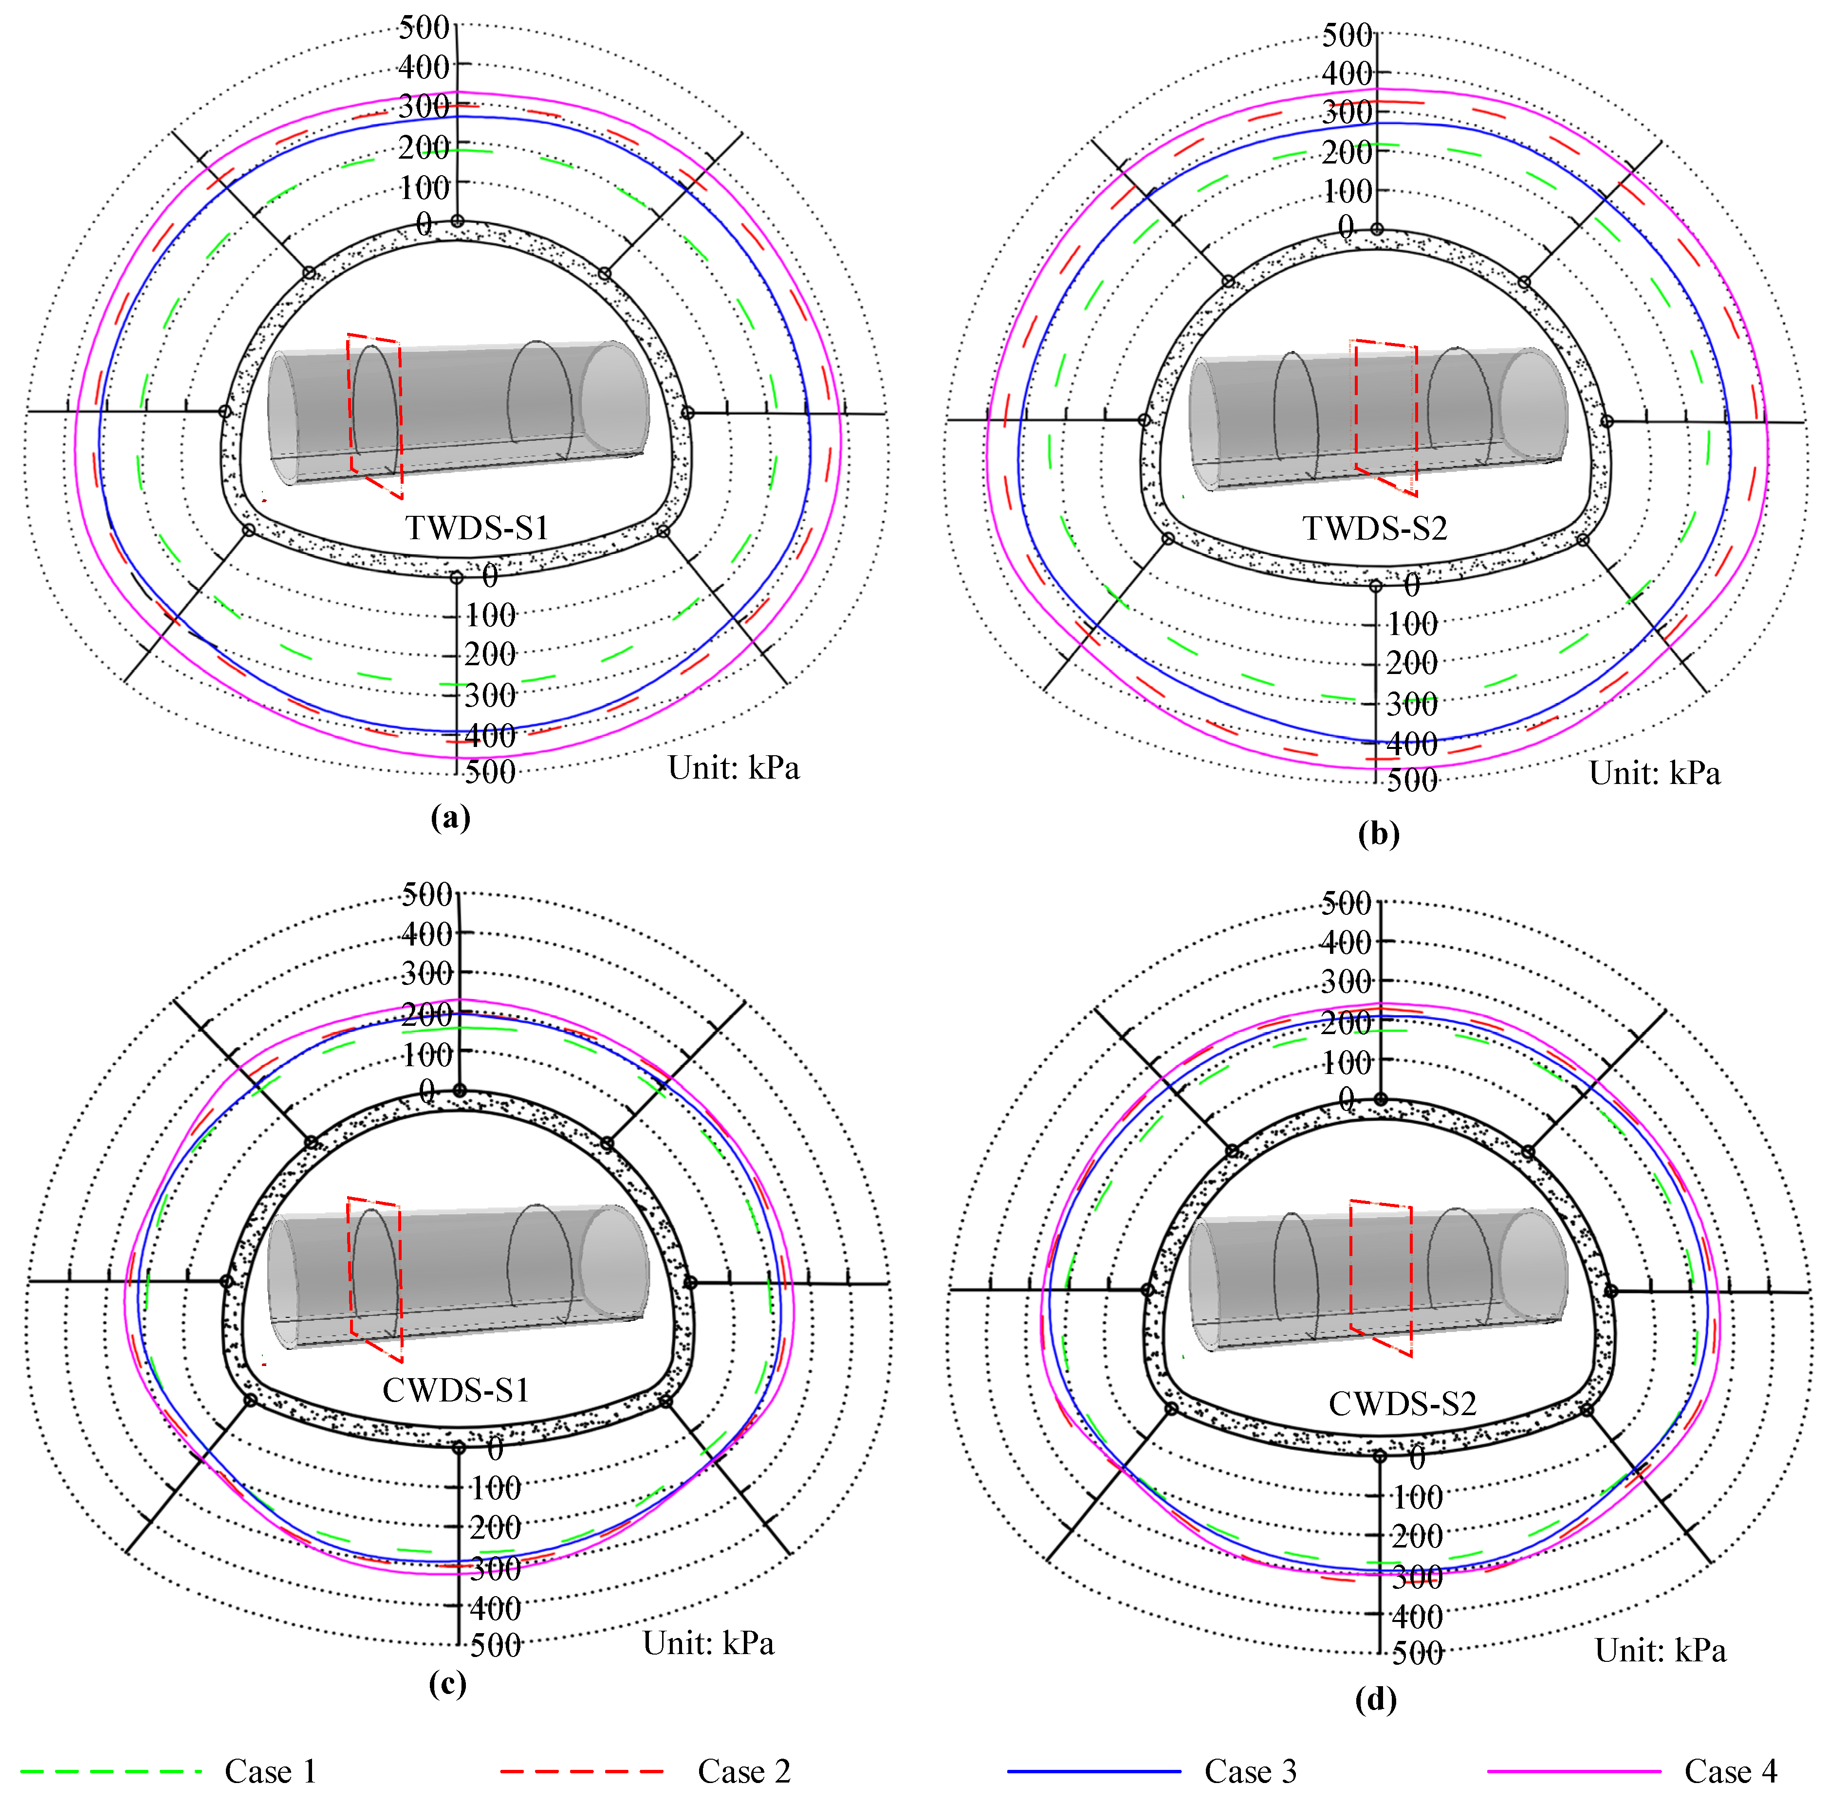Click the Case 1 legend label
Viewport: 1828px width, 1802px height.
(x=270, y=1771)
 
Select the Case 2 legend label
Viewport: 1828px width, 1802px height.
(x=744, y=1771)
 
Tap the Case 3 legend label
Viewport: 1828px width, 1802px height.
(x=1250, y=1771)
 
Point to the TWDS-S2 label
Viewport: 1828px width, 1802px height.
(x=1375, y=528)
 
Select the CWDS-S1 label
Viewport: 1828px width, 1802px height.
(x=455, y=1389)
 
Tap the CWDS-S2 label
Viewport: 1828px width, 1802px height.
(x=1402, y=1403)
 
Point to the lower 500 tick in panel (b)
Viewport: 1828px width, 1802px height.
(x=1412, y=781)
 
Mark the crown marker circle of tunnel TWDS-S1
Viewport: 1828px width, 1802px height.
(x=457, y=221)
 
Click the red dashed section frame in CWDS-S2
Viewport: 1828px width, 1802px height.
(x=1381, y=1277)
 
